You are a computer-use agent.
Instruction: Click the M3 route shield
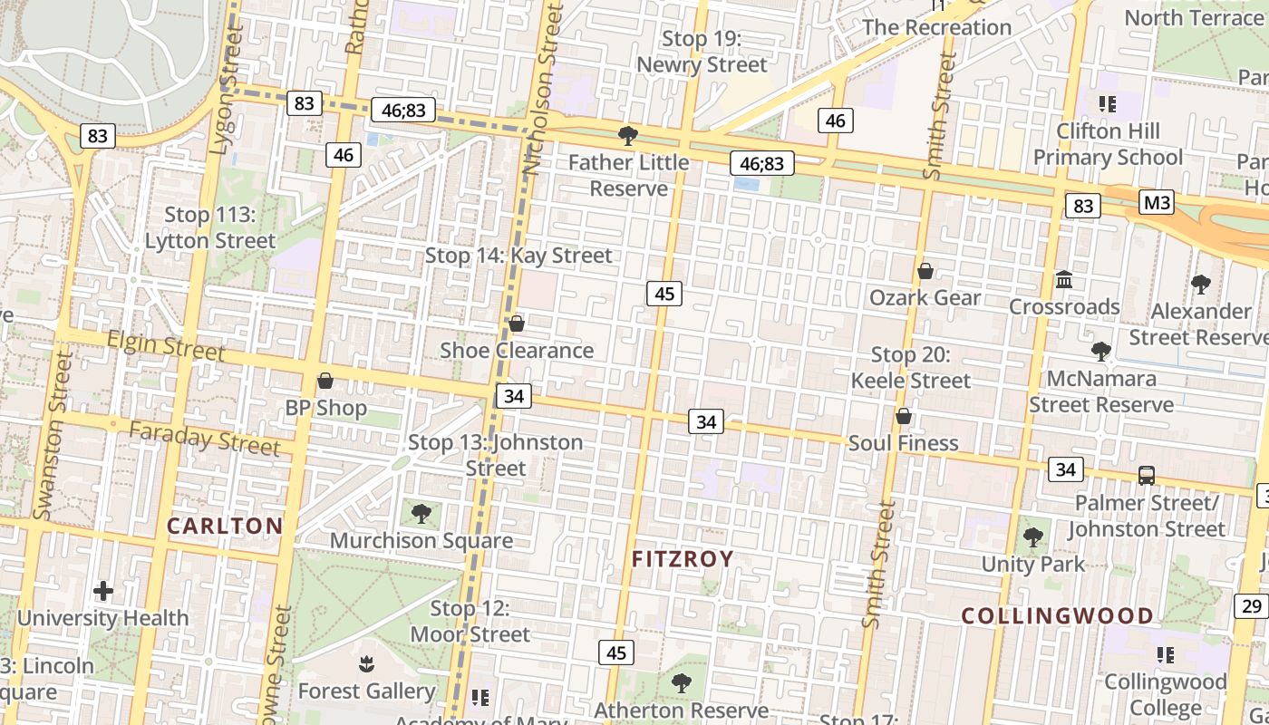point(1157,202)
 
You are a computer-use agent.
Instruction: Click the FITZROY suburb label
point(683,559)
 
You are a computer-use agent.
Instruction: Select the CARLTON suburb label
point(226,526)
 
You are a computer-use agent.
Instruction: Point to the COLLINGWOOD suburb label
point(1058,616)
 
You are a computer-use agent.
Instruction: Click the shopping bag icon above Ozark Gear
point(925,271)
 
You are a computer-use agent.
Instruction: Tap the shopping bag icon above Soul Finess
point(904,416)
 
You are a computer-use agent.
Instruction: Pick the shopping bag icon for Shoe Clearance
point(517,324)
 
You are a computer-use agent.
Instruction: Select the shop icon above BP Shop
point(325,382)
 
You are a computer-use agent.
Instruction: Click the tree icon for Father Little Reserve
point(627,136)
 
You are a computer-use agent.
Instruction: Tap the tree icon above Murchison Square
point(421,514)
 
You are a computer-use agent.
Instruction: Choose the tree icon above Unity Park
point(1033,537)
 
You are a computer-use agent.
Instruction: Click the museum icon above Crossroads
point(1064,279)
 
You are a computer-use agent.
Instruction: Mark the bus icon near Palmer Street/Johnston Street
point(1147,475)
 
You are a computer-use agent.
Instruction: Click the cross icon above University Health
point(103,592)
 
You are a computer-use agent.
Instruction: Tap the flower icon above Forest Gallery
point(366,664)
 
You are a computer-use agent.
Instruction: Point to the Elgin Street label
point(166,345)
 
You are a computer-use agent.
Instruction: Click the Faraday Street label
point(204,439)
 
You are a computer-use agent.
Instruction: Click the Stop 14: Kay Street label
point(518,256)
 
